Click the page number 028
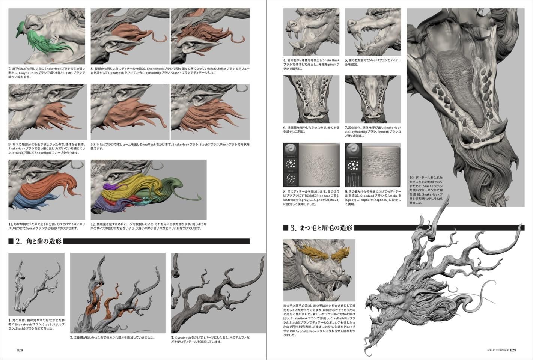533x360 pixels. click(20, 350)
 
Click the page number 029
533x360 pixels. click(513, 350)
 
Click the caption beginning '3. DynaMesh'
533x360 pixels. click(210, 339)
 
